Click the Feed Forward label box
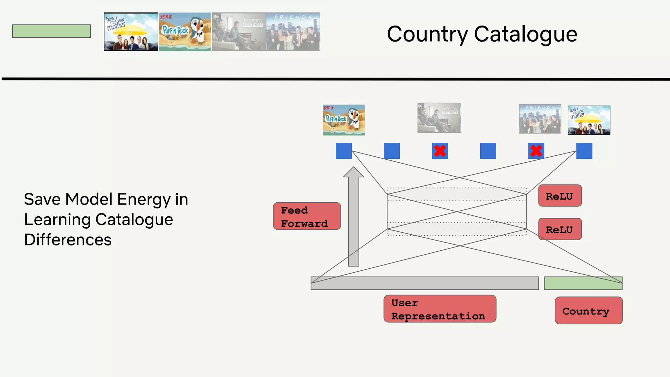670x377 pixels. click(x=307, y=216)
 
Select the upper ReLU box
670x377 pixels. click(x=560, y=196)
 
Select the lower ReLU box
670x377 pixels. click(x=560, y=229)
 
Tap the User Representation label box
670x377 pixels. click(x=440, y=309)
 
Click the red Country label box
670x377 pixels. click(x=589, y=311)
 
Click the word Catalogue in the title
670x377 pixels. click(x=525, y=34)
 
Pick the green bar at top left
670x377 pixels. click(x=51, y=31)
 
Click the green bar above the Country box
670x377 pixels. click(x=583, y=283)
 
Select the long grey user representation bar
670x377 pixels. click(x=425, y=283)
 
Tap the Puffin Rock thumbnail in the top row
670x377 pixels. click(x=185, y=32)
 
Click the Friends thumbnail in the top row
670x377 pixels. click(x=293, y=32)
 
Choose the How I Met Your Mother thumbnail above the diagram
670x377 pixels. click(x=589, y=120)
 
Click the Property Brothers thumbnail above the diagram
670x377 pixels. click(x=439, y=118)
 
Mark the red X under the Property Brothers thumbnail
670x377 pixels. click(x=440, y=151)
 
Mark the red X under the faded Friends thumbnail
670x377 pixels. click(x=536, y=151)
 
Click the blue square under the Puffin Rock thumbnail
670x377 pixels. click(x=344, y=151)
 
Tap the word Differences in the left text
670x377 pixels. click(x=68, y=240)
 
